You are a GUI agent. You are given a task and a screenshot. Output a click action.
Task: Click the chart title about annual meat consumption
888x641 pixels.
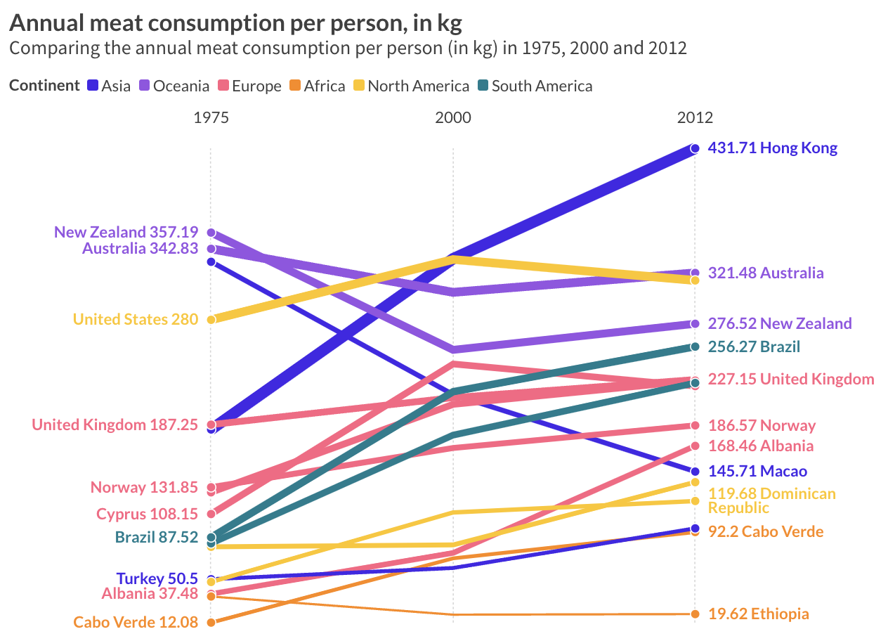(235, 23)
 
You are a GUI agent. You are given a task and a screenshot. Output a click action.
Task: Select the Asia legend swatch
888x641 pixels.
(92, 86)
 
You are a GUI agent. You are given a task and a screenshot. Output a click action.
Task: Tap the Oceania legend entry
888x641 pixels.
(174, 86)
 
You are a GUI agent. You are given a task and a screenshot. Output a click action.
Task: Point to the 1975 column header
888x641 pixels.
(211, 117)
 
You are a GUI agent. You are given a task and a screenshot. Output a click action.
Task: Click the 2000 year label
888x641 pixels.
(453, 117)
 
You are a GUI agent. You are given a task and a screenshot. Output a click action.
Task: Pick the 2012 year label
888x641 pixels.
(695, 117)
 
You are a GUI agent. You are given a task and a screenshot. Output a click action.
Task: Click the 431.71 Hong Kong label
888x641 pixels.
(773, 148)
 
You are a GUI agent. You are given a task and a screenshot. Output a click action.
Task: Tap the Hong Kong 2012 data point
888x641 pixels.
(695, 148)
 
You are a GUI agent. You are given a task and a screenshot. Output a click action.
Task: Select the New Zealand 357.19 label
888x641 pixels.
(126, 232)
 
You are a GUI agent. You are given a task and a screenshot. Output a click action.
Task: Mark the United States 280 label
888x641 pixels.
(136, 319)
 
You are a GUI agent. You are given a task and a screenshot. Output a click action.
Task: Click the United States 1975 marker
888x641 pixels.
(211, 319)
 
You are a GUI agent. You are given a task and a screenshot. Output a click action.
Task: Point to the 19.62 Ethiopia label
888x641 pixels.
(759, 614)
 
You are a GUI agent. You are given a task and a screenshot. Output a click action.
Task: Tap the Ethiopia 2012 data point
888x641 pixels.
(695, 614)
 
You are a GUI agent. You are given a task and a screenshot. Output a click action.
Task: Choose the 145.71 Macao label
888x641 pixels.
(757, 471)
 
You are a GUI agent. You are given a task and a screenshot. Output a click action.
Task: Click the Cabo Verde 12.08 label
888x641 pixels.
(136, 622)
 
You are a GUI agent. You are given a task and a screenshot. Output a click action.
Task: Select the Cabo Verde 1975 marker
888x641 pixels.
(211, 622)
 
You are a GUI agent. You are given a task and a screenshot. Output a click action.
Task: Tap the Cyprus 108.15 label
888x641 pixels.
(147, 514)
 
